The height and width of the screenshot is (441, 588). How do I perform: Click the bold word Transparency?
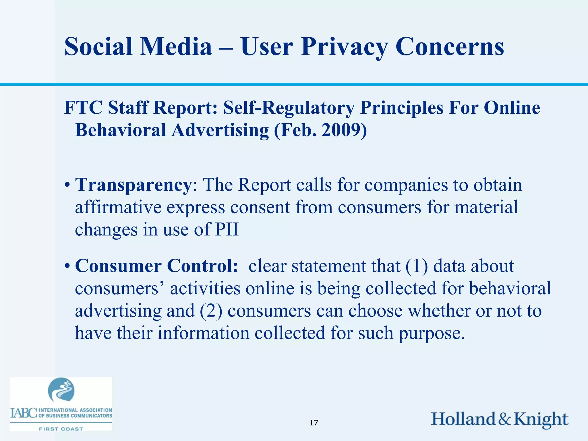pos(133,185)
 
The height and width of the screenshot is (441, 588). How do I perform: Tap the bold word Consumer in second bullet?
pos(118,266)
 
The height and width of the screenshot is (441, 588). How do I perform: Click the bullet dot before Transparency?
pos(67,185)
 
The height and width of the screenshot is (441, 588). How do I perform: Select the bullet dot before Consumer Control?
pos(67,266)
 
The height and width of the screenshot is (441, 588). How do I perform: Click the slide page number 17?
pos(314,423)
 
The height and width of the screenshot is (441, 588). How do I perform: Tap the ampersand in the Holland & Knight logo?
pos(504,419)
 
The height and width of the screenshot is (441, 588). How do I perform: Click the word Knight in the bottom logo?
pos(540,419)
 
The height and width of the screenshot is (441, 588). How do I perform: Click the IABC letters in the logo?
pos(24,413)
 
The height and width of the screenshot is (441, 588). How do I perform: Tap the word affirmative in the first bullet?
pos(118,207)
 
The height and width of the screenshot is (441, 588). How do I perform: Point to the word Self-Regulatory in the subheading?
pos(289,108)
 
